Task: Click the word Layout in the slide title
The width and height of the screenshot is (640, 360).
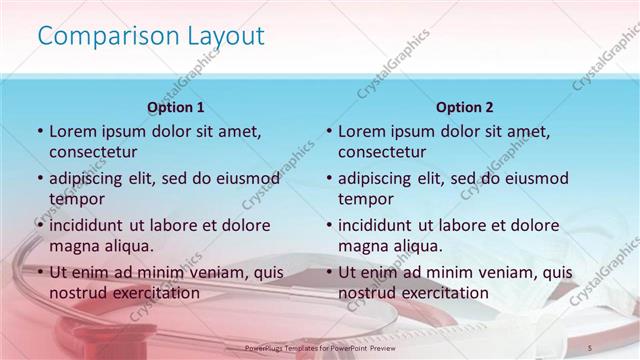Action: (226, 36)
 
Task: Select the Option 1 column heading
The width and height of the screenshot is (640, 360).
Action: (176, 107)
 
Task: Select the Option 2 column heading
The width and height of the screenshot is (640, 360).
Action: (465, 107)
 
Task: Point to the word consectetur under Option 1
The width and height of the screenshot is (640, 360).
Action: (93, 152)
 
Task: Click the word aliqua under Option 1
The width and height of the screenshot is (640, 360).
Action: (128, 245)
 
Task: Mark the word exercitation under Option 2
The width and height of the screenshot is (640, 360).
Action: (441, 293)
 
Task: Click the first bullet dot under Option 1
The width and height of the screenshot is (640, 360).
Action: (39, 132)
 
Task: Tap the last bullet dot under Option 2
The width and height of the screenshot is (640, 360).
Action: (328, 273)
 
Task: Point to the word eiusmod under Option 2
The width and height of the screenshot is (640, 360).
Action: (538, 178)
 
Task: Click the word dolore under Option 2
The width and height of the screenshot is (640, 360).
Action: (528, 224)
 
